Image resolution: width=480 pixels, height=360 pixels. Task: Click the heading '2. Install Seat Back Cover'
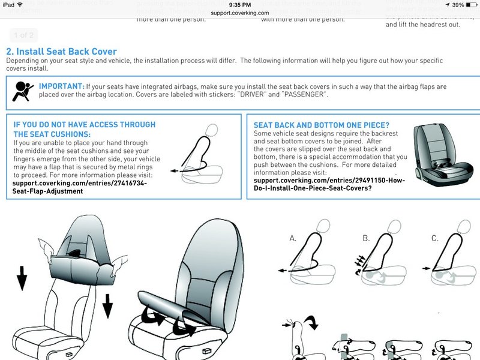[x=61, y=52]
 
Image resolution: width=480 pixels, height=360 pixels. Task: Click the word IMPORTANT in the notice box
[x=61, y=86]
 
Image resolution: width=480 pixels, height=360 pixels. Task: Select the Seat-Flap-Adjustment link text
[x=47, y=191]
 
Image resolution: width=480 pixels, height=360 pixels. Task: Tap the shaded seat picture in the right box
[x=443, y=155]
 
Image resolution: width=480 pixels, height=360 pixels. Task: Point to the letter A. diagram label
[x=293, y=238]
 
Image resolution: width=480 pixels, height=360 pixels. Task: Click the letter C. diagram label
[x=435, y=238]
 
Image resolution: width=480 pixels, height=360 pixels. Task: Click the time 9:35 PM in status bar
[x=239, y=4]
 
